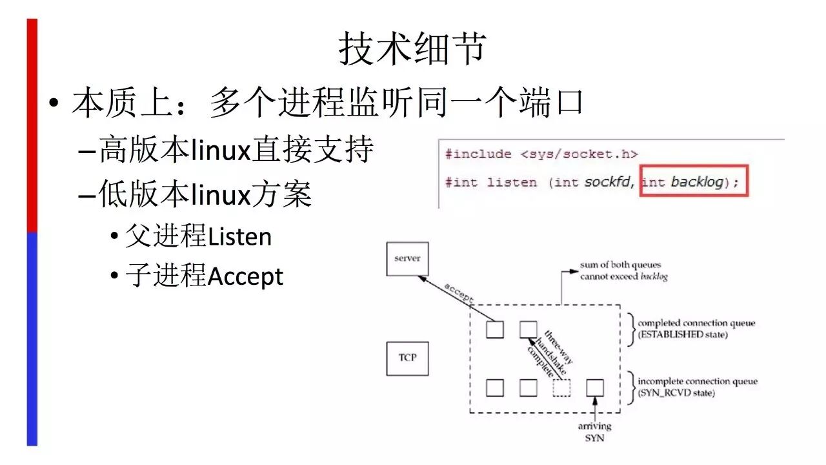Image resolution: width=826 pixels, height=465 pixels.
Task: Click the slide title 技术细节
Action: pyautogui.click(x=412, y=49)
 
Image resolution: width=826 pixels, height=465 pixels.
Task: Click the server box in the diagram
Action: pyautogui.click(x=407, y=258)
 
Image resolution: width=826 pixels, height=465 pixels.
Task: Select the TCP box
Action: pyautogui.click(x=407, y=358)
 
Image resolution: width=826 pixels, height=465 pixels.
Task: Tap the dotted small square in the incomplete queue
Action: pyautogui.click(x=561, y=387)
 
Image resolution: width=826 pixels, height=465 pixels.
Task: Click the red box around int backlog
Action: pyautogui.click(x=694, y=183)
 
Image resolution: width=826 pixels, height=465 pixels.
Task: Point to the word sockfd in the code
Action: pyautogui.click(x=610, y=183)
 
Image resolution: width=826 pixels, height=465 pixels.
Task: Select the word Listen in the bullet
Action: pyautogui.click(x=239, y=238)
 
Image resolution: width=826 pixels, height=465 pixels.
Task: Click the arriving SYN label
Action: pyautogui.click(x=594, y=432)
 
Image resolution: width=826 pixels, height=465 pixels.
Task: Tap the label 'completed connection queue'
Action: pyautogui.click(x=696, y=324)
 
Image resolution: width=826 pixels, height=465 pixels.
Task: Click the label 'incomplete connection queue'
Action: pyautogui.click(x=698, y=382)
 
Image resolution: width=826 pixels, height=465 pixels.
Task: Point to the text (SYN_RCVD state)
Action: pyautogui.click(x=676, y=393)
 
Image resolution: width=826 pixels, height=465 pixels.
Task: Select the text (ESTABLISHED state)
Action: pyautogui.click(x=683, y=335)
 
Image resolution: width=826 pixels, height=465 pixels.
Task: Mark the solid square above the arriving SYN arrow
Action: pyautogui.click(x=594, y=387)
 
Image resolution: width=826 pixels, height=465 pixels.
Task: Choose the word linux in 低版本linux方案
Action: pyautogui.click(x=220, y=194)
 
